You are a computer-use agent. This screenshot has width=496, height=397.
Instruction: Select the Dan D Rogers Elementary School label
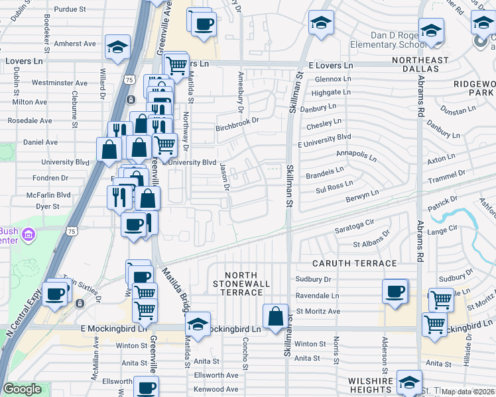[x=380, y=40]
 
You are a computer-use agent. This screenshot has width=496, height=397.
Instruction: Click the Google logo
[x=22, y=390]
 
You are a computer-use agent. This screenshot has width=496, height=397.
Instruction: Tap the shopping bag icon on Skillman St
[x=275, y=317]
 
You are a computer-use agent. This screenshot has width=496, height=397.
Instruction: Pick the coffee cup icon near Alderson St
[x=395, y=291]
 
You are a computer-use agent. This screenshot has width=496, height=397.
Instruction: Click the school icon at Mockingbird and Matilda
[x=198, y=324]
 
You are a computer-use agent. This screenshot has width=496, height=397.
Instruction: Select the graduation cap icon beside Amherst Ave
[x=117, y=48]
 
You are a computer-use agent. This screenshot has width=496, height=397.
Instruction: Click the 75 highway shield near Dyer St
[x=72, y=230]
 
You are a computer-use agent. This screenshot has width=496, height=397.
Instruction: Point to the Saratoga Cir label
[x=355, y=224]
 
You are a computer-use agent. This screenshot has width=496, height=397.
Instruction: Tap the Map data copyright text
[x=468, y=392]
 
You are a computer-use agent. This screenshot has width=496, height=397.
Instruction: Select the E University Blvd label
[x=324, y=136]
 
